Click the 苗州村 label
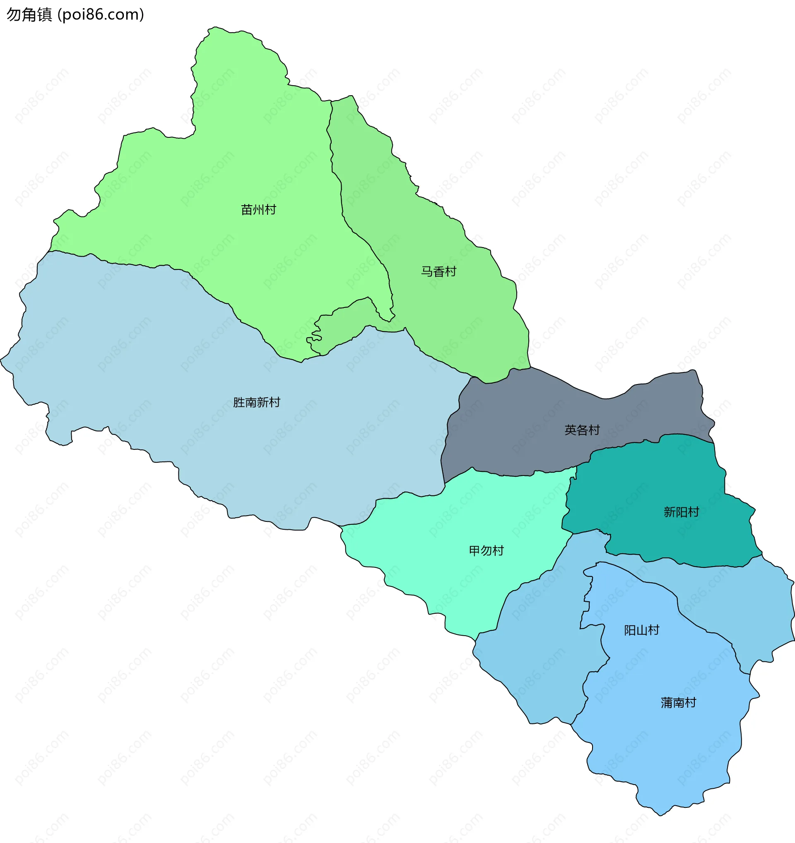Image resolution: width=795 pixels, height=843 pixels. [x=258, y=209]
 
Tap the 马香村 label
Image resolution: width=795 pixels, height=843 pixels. [x=438, y=271]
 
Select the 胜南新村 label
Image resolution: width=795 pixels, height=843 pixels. [x=257, y=402]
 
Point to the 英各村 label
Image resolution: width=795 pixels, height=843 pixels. [x=582, y=430]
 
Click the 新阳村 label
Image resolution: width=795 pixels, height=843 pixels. [x=681, y=512]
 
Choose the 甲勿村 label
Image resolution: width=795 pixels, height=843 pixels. [x=486, y=550]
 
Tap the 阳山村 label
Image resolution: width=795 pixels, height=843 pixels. [x=641, y=630]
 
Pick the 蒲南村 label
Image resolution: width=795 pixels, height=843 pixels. [x=678, y=703]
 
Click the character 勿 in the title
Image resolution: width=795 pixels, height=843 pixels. [x=14, y=15]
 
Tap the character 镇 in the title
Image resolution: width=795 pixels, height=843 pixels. [x=44, y=15]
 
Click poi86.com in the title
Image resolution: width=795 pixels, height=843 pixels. [x=101, y=15]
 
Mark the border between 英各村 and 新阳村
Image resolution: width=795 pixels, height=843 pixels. [x=636, y=443]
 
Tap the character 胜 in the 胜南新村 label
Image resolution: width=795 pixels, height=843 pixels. [x=239, y=402]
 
